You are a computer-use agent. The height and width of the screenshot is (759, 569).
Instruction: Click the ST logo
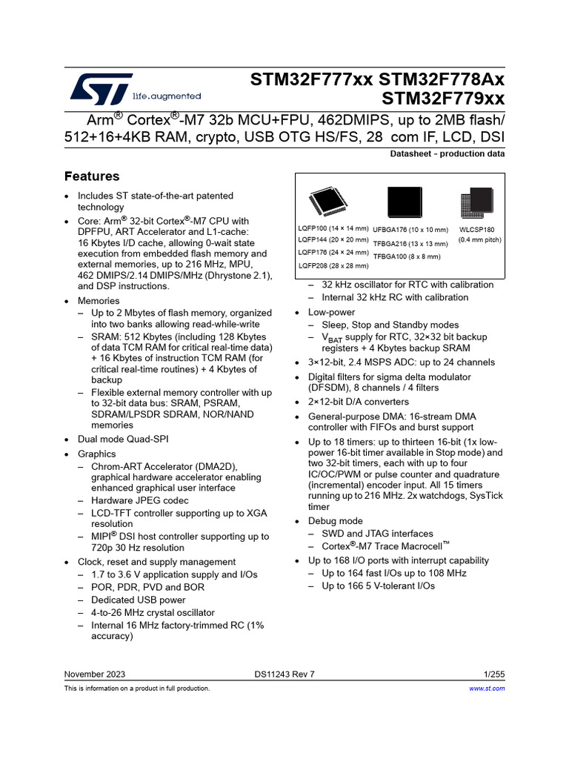coord(102,88)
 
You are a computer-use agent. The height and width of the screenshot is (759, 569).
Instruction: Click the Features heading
coord(92,176)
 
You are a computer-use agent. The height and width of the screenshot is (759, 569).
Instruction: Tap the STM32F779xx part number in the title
coord(443,99)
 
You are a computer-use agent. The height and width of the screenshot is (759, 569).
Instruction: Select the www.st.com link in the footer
coord(488,689)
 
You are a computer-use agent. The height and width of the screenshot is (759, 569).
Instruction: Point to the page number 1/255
coord(493,674)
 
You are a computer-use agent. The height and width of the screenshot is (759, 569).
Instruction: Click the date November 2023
coord(95,674)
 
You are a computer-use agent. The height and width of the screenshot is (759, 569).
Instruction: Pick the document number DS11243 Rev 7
coord(284,674)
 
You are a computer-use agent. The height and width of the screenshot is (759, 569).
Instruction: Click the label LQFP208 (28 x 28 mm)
coord(333,265)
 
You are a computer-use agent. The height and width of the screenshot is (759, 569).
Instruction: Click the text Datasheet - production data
coord(447,154)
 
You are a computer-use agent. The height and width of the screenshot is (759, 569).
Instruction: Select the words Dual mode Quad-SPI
coord(123,439)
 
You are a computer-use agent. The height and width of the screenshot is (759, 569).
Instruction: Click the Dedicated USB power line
coord(139,600)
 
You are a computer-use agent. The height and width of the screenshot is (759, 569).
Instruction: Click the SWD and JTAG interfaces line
coord(377,534)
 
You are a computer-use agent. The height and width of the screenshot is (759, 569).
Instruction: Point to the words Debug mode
coord(336,521)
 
